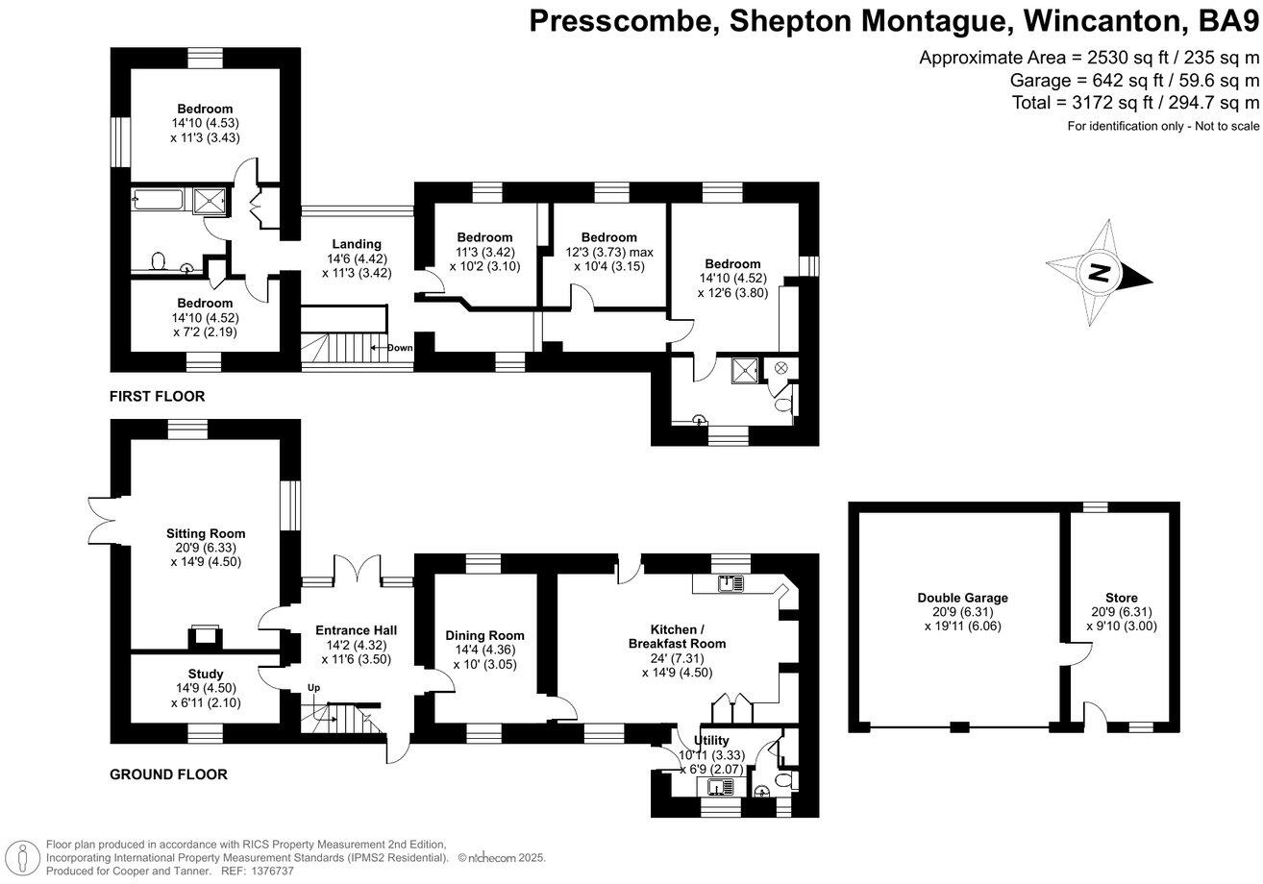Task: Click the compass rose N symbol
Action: pyautogui.click(x=1100, y=272)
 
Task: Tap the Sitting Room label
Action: pyautogui.click(x=205, y=533)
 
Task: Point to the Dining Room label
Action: pyautogui.click(x=484, y=635)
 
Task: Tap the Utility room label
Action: pyautogui.click(x=711, y=740)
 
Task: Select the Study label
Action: pyautogui.click(x=205, y=674)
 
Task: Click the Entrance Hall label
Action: pyautogui.click(x=356, y=630)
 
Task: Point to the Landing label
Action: pyautogui.click(x=357, y=244)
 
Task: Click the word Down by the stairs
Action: pyautogui.click(x=400, y=348)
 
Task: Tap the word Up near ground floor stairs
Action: pyautogui.click(x=313, y=687)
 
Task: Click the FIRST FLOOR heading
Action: pyautogui.click(x=157, y=396)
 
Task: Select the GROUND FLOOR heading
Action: pyautogui.click(x=168, y=774)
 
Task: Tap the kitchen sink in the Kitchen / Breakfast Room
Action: pyautogui.click(x=731, y=582)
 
